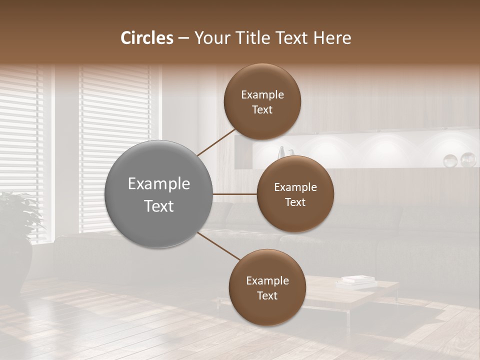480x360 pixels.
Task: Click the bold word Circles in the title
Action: [x=147, y=38]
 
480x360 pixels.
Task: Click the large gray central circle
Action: [x=159, y=194]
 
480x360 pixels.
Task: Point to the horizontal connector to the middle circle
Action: [x=235, y=194]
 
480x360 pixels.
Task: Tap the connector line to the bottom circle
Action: [x=218, y=246]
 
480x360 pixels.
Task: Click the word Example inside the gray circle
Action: [x=159, y=184]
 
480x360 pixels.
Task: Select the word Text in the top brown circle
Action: [x=262, y=110]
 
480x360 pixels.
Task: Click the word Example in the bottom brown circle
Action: [x=267, y=281]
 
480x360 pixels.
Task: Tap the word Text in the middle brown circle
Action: [x=295, y=202]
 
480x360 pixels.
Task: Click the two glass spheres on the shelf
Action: [x=459, y=160]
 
